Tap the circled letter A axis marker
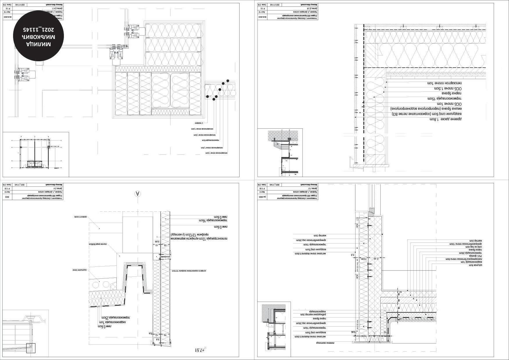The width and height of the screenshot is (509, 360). coord(138,194)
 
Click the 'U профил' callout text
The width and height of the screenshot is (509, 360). coord(200,123)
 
